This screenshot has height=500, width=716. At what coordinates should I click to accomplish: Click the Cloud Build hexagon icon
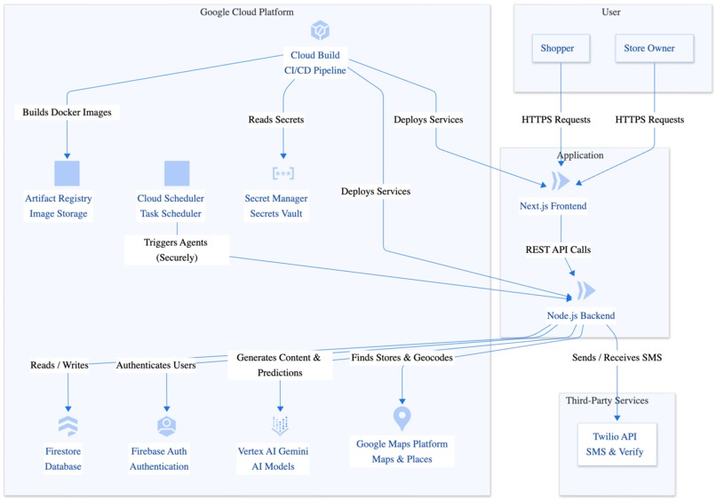coord(320,31)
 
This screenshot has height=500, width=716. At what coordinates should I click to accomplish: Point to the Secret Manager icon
coord(283,173)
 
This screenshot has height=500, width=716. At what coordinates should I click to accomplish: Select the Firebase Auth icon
coord(166,425)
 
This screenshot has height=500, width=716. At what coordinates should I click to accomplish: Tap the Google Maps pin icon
coord(402,417)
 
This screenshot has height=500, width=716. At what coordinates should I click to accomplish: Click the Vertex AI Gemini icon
coord(280,425)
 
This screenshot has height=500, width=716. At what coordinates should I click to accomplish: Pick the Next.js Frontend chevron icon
coord(561,181)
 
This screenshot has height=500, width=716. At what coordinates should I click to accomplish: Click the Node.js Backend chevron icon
coord(585,290)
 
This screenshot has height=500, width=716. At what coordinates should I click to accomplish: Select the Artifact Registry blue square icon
coord(68,173)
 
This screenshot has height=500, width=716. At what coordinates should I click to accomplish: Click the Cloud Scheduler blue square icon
coord(177,173)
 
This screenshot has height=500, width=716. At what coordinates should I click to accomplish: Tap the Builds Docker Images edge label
coord(68,113)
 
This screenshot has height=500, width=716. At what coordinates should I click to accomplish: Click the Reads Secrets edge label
coord(276,120)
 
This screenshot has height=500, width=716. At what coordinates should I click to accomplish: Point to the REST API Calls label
coord(558,250)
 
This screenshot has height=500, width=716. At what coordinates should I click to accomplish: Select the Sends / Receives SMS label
coord(617,358)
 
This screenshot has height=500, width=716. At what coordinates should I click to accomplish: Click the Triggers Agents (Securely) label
coord(177,250)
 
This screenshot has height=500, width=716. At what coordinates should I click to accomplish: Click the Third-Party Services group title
coord(607,401)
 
